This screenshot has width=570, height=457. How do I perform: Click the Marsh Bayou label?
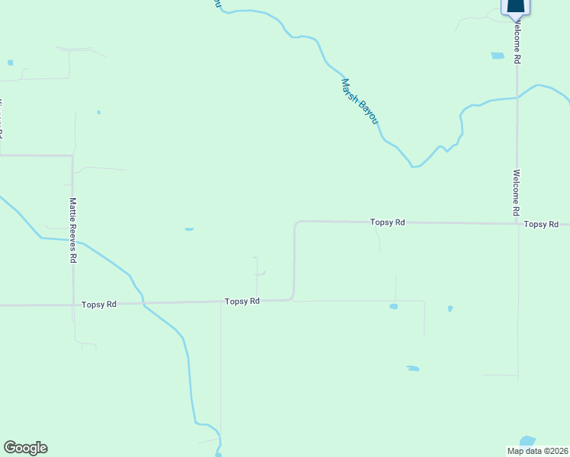pos(359,102)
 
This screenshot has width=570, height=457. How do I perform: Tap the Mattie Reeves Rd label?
pos(72,230)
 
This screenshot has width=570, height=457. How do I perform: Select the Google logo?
pos(25,448)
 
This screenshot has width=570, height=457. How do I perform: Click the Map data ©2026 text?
pos(537,450)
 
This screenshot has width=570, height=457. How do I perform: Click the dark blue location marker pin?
pos(516,8)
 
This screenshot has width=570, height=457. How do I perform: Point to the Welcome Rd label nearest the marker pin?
pos(517,43)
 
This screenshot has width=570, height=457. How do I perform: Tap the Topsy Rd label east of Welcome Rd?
pos(542,224)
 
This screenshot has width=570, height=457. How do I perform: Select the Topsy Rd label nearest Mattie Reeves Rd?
pos(99,304)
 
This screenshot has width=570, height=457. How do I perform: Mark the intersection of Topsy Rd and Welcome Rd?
pos(517,224)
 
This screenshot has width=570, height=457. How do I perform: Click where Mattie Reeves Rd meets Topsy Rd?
pos(73,305)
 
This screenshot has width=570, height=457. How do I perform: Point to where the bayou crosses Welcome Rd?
pos(517,97)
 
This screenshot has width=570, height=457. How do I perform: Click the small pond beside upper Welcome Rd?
pos(498,56)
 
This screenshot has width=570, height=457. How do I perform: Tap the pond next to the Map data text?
pos(527,441)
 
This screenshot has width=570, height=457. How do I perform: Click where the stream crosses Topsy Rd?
pos(142,303)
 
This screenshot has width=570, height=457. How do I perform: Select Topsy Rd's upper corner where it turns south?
pos(296,222)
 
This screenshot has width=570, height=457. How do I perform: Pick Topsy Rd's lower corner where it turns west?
pos(293,299)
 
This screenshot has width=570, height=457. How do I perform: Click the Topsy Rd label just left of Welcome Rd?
pos(387,222)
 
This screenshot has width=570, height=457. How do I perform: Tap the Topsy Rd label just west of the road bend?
pos(242,302)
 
